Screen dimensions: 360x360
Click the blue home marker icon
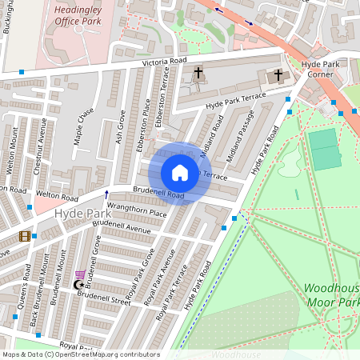pyautogui.click(x=180, y=172)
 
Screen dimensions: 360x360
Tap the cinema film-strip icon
pyautogui.click(x=25, y=236)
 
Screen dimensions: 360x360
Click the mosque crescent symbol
pyautogui.click(x=78, y=285)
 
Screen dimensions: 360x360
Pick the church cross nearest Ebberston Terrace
pyautogui.click(x=198, y=74)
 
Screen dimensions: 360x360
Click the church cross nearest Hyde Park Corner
pyautogui.click(x=278, y=75)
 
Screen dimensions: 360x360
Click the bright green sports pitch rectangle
pyautogui.click(x=325, y=149)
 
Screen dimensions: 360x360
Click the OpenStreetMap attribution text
pyautogui.click(x=80, y=354)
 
